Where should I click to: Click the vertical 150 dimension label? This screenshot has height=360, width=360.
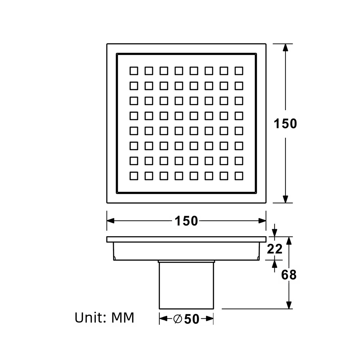285,123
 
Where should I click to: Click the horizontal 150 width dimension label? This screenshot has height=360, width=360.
186,221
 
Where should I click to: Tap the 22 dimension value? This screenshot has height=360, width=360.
275,249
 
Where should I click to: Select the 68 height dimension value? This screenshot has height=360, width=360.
289,275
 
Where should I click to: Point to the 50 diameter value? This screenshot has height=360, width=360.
192,319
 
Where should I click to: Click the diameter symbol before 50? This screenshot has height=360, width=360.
178,319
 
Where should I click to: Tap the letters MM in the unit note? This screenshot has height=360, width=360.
122,318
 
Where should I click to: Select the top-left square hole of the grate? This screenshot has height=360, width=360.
134,71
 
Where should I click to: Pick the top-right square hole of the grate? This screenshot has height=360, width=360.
239,71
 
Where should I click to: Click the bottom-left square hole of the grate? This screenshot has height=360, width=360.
134,176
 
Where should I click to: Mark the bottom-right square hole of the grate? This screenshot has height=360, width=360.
239,176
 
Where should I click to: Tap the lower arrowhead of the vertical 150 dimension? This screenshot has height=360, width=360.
285,199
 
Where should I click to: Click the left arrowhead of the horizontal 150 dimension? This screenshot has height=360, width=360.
111,221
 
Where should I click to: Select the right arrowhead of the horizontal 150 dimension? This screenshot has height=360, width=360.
262,221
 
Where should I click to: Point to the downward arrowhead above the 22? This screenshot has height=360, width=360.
274,233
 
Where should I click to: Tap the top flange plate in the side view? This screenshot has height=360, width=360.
186,239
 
